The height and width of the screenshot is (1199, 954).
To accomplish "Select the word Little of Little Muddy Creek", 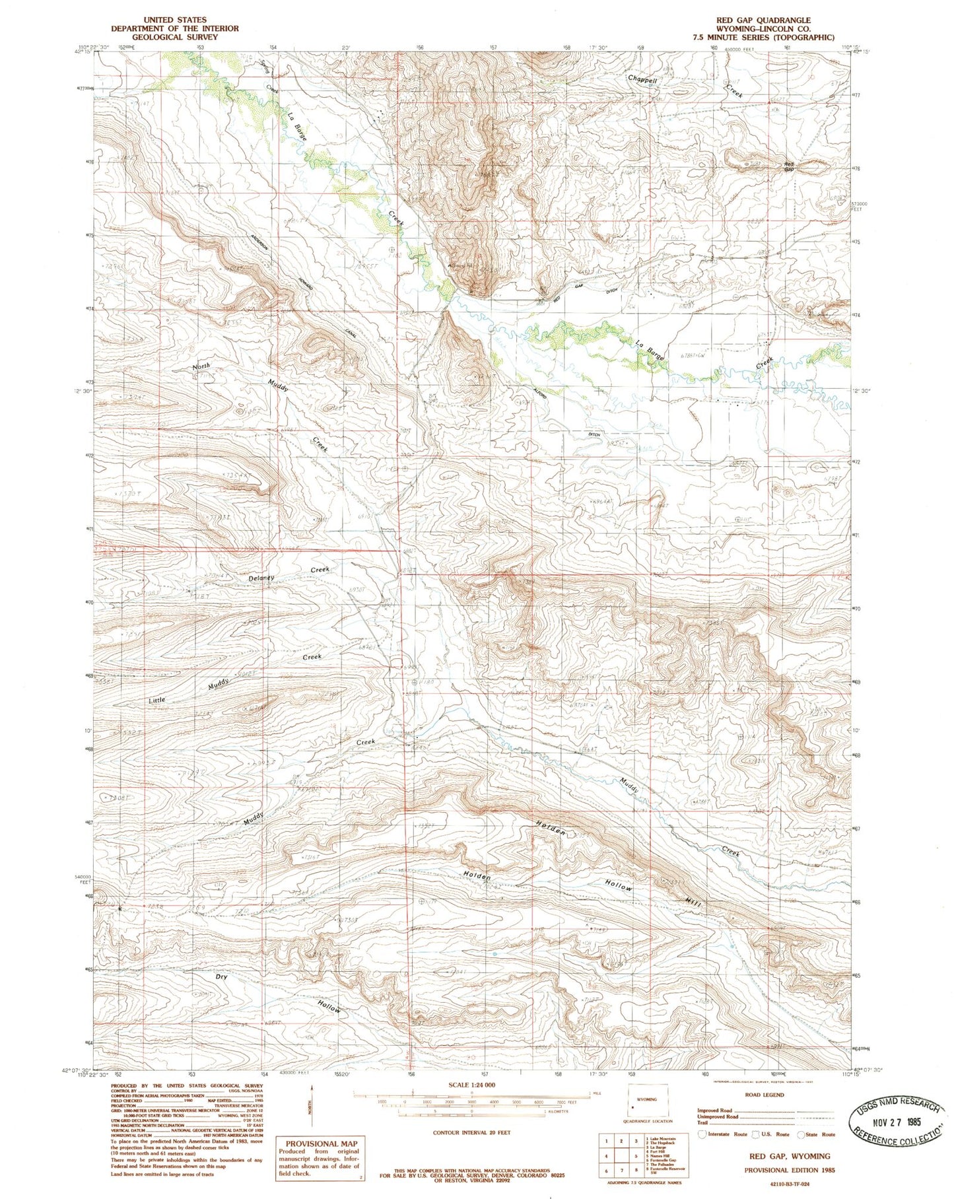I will pyautogui.click(x=156, y=699).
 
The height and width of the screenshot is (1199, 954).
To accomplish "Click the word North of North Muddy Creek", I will pyautogui.click(x=201, y=366).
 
